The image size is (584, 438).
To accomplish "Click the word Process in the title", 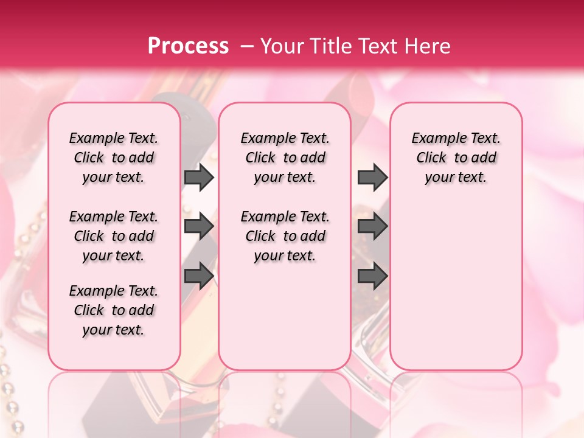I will (188, 46).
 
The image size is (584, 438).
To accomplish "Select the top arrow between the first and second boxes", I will (199, 177).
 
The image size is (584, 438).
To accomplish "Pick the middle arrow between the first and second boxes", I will (199, 226).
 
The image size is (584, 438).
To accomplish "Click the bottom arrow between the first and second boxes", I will (199, 276).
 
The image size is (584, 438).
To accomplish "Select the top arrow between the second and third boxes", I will (372, 177).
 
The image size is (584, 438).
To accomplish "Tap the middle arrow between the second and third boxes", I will (372, 226).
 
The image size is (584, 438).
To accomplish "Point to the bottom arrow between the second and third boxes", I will (372, 276).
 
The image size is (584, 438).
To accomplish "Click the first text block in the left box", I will (114, 158).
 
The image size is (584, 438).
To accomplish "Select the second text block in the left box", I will (114, 236).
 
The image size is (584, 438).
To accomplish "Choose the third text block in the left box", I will (114, 310).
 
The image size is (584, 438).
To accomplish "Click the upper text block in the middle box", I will (285, 158).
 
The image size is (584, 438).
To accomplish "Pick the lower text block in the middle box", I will (285, 236).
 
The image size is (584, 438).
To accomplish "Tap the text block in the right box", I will (456, 158).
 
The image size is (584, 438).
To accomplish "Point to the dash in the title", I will (246, 46).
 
